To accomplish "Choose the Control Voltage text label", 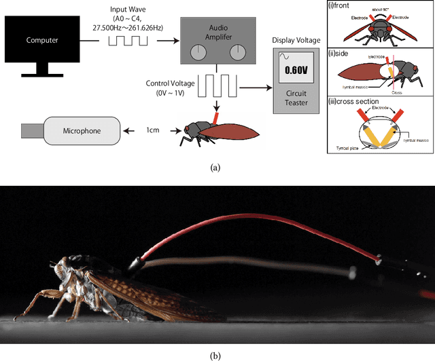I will pos(169,83).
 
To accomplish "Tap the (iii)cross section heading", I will pos(353,101).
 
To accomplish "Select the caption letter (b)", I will pos(216,354).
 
